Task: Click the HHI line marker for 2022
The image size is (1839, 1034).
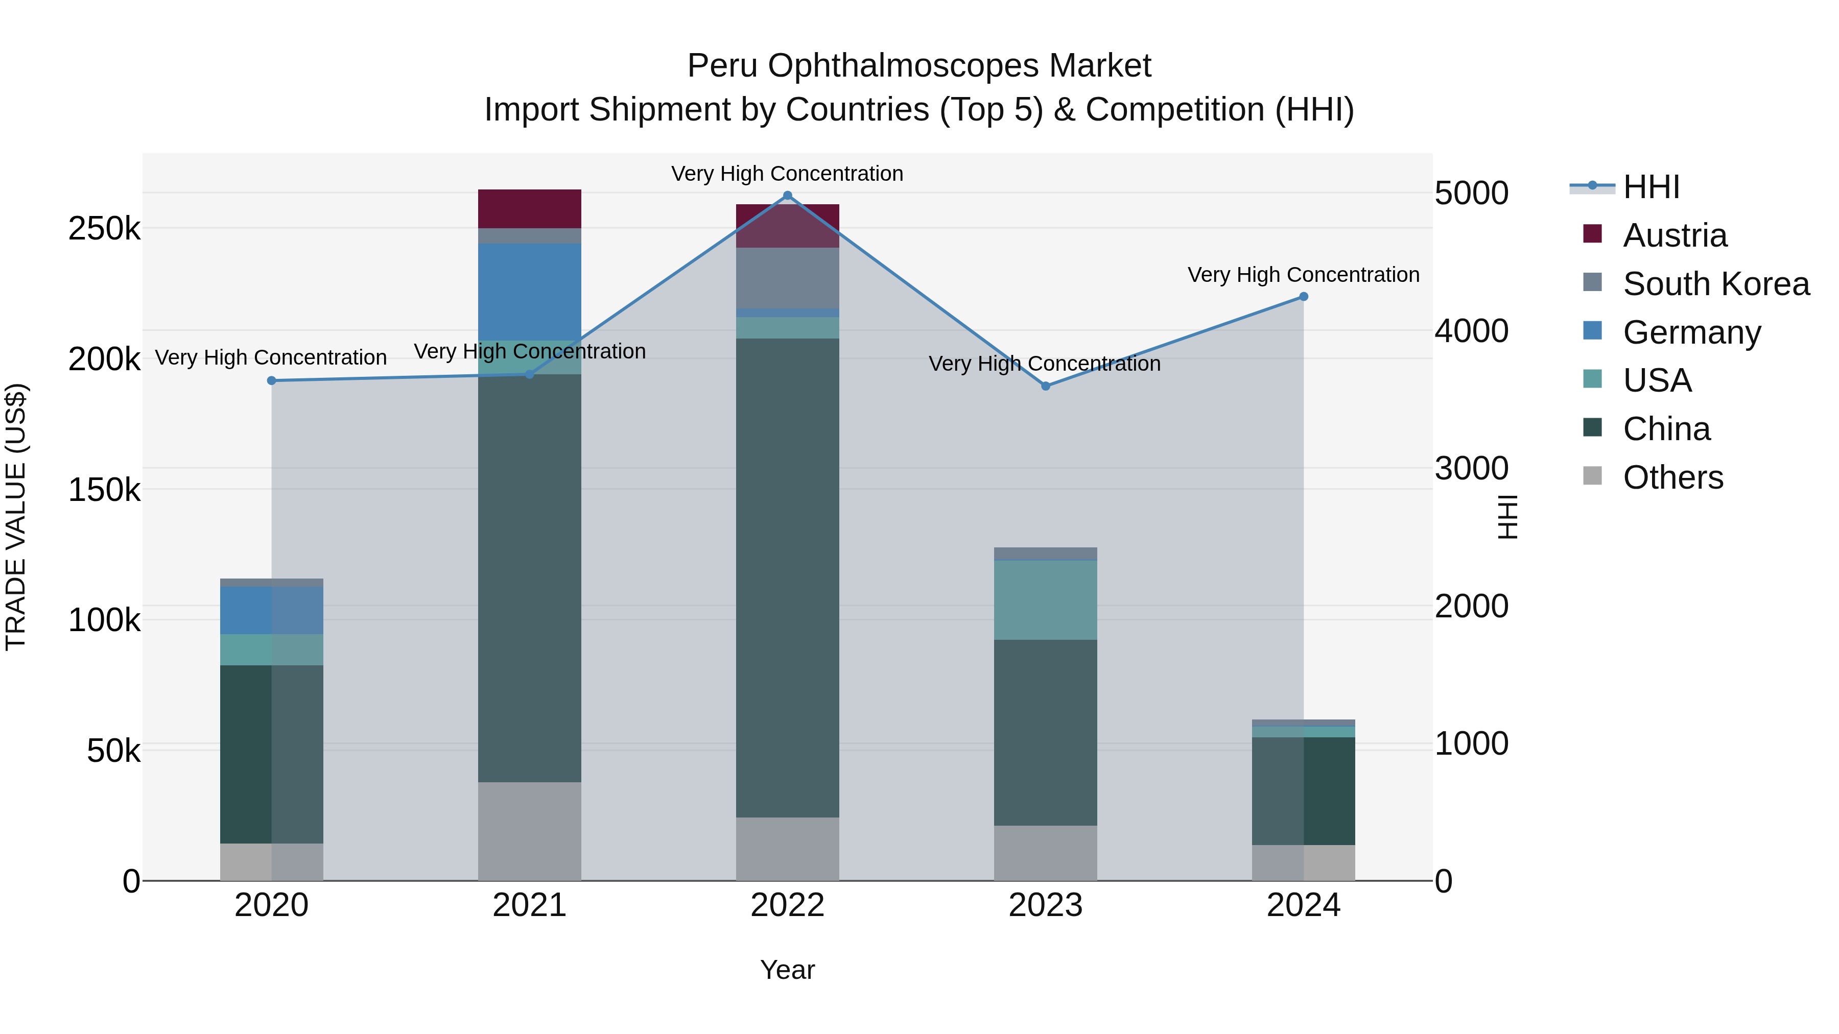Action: (787, 196)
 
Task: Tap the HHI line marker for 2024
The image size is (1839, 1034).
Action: (1304, 296)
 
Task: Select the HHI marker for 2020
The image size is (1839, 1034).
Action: (271, 380)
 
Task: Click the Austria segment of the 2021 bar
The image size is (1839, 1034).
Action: (529, 208)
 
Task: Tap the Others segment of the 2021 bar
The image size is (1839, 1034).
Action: (529, 831)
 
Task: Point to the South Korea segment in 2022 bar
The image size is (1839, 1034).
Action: (787, 278)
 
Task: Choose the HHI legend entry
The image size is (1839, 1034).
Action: (1651, 187)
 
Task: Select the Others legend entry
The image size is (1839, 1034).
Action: (1672, 477)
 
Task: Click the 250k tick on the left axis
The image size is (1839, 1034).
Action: (104, 229)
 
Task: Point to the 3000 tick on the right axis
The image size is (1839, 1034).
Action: (1471, 469)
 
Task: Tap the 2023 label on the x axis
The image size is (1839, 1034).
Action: (1045, 905)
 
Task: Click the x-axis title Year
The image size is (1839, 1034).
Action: (787, 970)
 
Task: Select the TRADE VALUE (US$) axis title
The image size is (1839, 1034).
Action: (16, 517)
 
